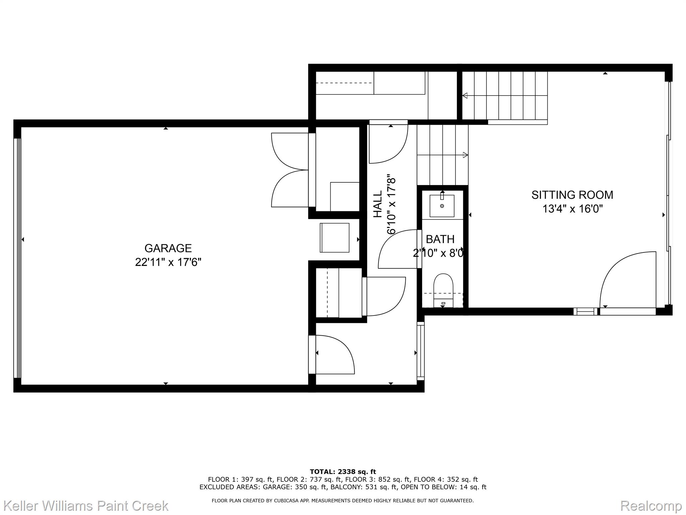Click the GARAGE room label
(168, 248)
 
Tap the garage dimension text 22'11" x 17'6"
(168, 262)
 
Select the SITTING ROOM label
(572, 195)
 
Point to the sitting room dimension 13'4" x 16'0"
(572, 209)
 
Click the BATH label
(440, 239)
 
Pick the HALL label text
(378, 204)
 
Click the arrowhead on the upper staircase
(465, 96)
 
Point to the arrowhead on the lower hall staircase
(466, 155)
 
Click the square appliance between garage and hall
(335, 238)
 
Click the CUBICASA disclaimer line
(343, 501)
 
